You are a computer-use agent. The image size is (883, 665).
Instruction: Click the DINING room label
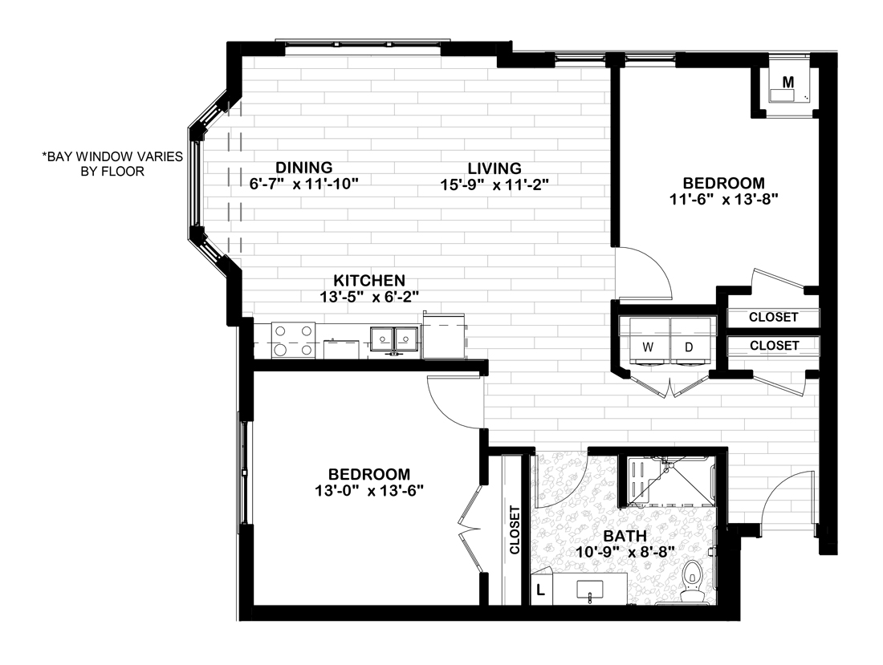pyautogui.click(x=304, y=168)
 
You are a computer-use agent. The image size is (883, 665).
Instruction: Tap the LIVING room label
pyautogui.click(x=494, y=168)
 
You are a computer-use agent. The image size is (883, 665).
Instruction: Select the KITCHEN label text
pyautogui.click(x=369, y=280)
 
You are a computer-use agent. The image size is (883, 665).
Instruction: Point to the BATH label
pyautogui.click(x=625, y=536)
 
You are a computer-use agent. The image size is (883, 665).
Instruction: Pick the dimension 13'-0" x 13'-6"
pyautogui.click(x=369, y=491)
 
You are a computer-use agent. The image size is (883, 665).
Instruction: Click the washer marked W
pyautogui.click(x=649, y=342)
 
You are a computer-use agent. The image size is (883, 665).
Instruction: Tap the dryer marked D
pyautogui.click(x=690, y=342)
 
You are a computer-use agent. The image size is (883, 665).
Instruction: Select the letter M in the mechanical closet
pyautogui.click(x=788, y=82)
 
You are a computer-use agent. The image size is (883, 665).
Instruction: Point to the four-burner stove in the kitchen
pyautogui.click(x=293, y=340)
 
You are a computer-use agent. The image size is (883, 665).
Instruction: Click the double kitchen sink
pyautogui.click(x=394, y=341)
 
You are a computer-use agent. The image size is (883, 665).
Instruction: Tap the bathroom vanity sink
pyautogui.click(x=590, y=590)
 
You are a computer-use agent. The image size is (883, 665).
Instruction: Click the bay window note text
pyautogui.click(x=112, y=164)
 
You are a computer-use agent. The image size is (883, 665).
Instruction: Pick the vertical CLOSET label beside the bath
pyautogui.click(x=514, y=530)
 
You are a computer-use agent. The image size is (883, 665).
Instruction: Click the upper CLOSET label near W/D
pyautogui.click(x=773, y=318)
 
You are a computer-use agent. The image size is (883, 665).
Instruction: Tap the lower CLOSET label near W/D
pyautogui.click(x=775, y=346)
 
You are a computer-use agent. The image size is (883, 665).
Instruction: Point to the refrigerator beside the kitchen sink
pyautogui.click(x=444, y=336)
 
